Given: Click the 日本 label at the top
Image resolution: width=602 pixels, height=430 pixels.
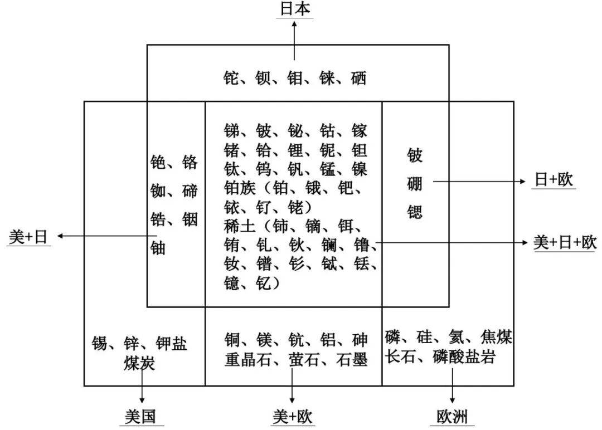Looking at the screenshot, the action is pyautogui.click(x=295, y=9).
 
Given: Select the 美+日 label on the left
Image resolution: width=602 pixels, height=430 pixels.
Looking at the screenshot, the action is pyautogui.click(x=28, y=237).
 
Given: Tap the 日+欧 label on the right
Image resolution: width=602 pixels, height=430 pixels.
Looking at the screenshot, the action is pyautogui.click(x=554, y=179).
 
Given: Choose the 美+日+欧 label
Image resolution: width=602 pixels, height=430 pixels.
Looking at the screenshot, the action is pyautogui.click(x=565, y=242).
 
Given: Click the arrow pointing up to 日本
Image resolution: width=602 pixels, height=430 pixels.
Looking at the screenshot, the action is pyautogui.click(x=294, y=41).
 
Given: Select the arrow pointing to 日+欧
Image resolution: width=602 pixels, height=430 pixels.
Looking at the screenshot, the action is pyautogui.click(x=479, y=181).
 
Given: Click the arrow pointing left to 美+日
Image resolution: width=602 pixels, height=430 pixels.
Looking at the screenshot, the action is pyautogui.click(x=107, y=236).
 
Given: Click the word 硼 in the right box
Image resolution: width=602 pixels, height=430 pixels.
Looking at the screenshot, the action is pyautogui.click(x=415, y=183).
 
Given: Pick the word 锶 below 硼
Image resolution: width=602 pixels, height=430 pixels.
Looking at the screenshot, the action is pyautogui.click(x=415, y=212).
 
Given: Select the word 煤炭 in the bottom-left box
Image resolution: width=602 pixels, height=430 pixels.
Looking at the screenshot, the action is pyautogui.click(x=139, y=363).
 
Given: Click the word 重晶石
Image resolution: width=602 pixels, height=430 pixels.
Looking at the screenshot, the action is pyautogui.click(x=248, y=359).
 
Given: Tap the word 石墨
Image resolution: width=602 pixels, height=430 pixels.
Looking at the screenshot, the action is pyautogui.click(x=352, y=359).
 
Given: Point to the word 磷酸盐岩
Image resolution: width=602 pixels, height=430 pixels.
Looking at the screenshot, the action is pyautogui.click(x=464, y=356).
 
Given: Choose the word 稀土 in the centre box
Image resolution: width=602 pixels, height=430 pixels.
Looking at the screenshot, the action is pyautogui.click(x=240, y=226).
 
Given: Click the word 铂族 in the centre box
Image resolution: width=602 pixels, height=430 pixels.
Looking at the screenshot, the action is pyautogui.click(x=240, y=188).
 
